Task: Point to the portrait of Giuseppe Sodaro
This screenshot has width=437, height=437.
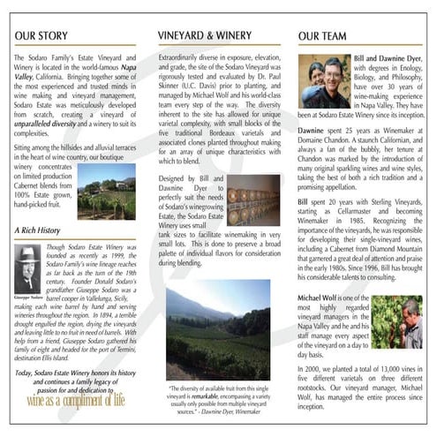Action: point(27,268)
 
